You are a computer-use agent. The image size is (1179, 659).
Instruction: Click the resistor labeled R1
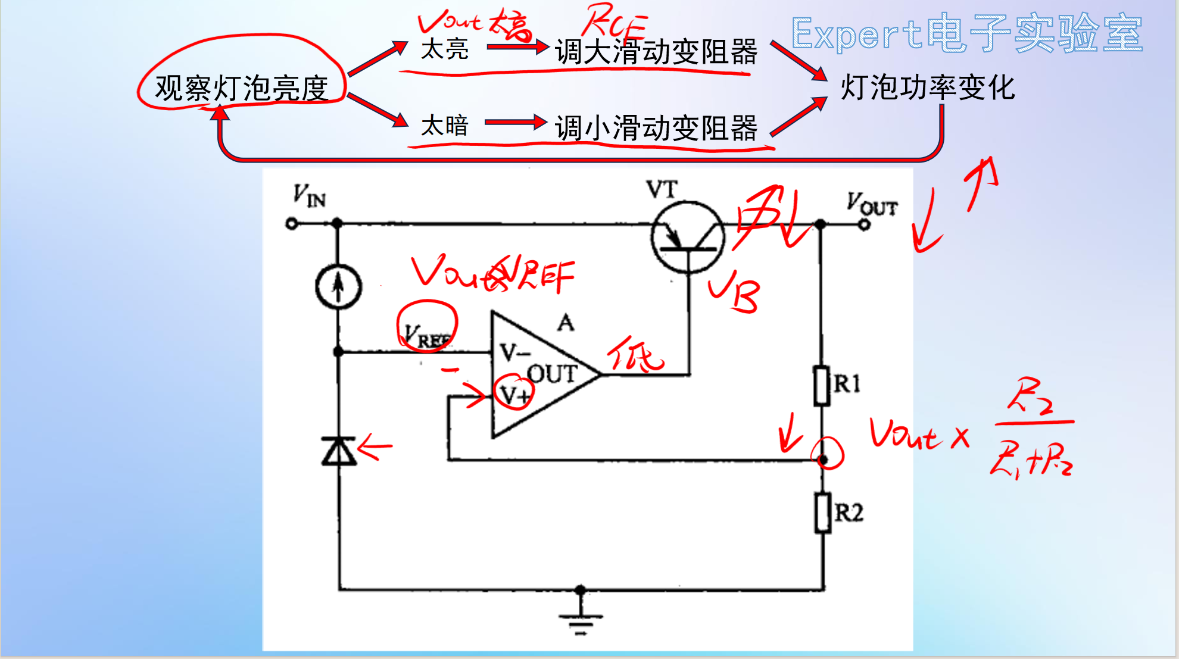pos(822,386)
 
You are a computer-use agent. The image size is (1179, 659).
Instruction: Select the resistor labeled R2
pos(824,513)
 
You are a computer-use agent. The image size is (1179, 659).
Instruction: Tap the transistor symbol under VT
pos(688,237)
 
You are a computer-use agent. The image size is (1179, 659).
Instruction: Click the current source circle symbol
pos(338,287)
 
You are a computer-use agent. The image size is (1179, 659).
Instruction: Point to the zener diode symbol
pos(339,451)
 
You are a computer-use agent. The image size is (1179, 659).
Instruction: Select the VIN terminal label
pos(309,196)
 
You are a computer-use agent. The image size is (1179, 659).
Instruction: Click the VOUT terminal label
pos(872,204)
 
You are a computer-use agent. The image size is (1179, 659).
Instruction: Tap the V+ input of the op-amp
pos(514,394)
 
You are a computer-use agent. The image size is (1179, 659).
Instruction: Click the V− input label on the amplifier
pos(514,352)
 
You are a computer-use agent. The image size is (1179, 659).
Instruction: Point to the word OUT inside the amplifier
pos(552,374)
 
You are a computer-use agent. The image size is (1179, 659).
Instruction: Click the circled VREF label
pos(426,336)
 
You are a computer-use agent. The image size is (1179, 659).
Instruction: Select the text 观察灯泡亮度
pos(242,89)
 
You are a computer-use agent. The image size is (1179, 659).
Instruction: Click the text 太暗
pos(444,126)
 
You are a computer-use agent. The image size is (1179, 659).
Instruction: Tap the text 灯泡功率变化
pos(927,88)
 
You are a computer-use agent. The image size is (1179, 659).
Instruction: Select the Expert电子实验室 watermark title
pos(966,33)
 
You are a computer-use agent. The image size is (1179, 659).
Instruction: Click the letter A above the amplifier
pos(566,323)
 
